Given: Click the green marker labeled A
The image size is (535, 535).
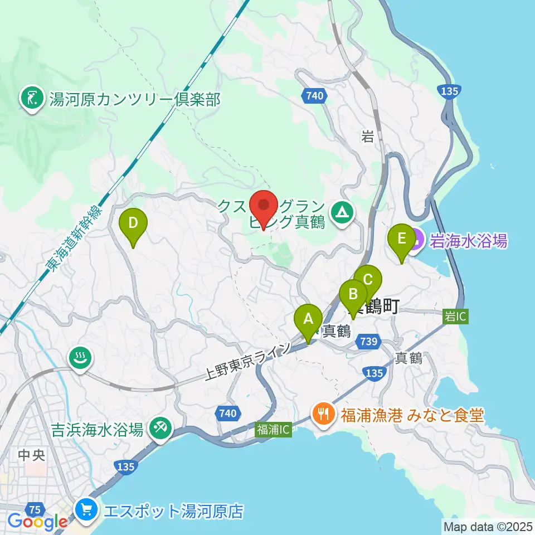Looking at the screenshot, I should (308, 320).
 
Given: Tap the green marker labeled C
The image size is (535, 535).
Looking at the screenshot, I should (368, 279).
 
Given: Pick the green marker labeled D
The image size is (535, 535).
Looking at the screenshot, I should (133, 224).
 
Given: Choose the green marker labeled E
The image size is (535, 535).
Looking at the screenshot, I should (401, 240).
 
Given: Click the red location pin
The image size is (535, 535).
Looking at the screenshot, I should (264, 205).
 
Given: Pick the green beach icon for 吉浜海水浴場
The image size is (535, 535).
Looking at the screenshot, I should (160, 428).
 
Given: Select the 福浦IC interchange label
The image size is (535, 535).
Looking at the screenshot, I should (273, 430).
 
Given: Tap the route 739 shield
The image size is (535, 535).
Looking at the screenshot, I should (370, 342).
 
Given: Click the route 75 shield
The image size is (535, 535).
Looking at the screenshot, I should (36, 509).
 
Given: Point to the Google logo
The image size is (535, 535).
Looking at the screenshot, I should (37, 522).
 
